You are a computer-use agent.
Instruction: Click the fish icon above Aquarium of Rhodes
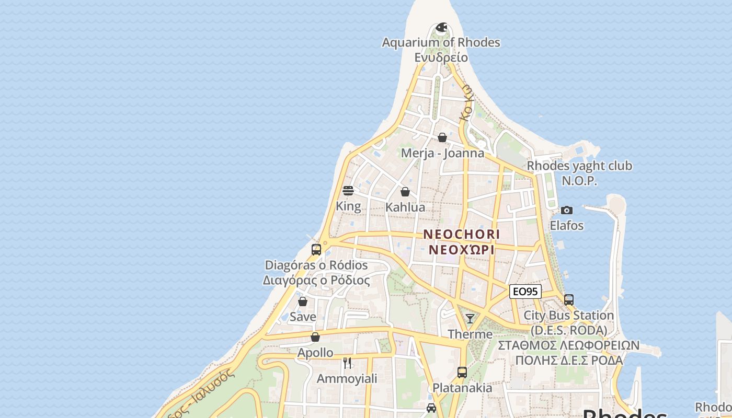tap(442, 27)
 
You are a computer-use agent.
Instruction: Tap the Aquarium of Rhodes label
tap(441, 42)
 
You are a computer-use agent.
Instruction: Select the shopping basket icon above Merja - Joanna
tap(442, 137)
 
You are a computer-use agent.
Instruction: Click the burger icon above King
tap(348, 191)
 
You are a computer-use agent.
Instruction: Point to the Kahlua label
tap(405, 207)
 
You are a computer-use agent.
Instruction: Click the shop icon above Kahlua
tap(405, 192)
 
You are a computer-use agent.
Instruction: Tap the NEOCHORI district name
tap(462, 234)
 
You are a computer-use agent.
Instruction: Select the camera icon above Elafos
tap(566, 210)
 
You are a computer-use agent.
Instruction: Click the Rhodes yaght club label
tap(579, 166)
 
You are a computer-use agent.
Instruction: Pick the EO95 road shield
tap(525, 292)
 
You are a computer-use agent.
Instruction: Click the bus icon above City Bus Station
tap(569, 300)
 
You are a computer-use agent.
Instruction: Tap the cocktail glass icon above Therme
tap(470, 319)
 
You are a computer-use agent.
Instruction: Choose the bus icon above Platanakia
tap(462, 373)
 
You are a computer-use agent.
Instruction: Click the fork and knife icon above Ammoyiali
tap(347, 363)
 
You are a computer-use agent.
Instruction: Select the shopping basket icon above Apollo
tap(315, 337)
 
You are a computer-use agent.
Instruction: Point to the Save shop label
tap(303, 317)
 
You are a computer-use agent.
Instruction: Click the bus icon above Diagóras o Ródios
tap(316, 250)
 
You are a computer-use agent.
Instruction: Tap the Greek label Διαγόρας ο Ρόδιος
tap(316, 281)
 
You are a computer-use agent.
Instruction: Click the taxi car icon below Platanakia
tap(431, 408)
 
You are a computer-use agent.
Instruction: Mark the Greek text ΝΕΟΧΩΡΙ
tap(462, 250)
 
